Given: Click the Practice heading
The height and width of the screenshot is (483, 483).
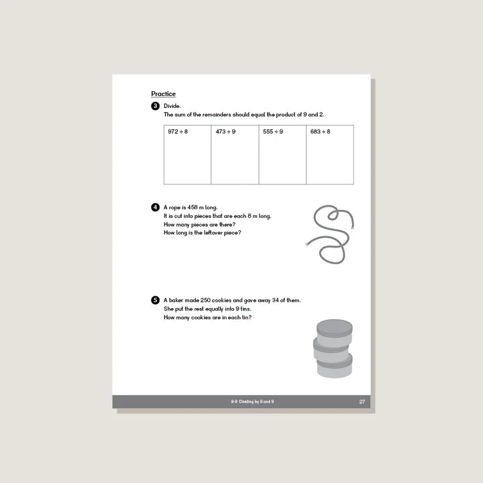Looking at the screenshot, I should click(163, 94).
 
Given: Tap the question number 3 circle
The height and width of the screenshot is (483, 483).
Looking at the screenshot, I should click(156, 106).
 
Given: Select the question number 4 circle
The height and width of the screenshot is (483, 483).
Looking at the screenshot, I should click(156, 207).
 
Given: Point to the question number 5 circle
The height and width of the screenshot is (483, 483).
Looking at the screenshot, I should click(156, 300).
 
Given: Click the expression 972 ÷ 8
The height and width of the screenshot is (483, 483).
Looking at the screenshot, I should click(178, 131).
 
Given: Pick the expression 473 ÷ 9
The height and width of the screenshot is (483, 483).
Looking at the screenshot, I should click(225, 131).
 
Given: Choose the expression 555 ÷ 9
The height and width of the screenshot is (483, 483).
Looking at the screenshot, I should click(273, 131).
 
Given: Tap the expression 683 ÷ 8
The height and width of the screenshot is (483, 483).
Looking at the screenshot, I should click(321, 131).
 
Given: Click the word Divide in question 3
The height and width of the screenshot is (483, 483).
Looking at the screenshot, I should click(172, 106).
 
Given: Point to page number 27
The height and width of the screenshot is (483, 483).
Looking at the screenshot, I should click(362, 402).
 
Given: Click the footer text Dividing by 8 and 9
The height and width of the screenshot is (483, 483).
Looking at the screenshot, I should click(252, 402).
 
